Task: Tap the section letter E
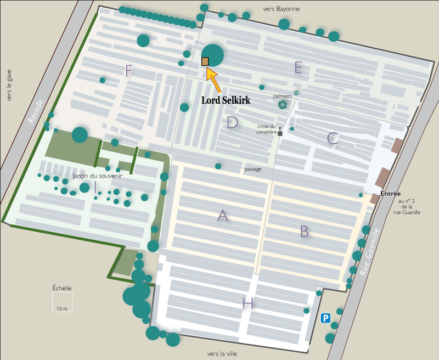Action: [299, 67]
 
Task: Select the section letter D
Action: [233, 122]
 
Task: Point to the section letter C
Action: [333, 138]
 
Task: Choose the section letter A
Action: [222, 216]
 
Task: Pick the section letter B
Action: [305, 232]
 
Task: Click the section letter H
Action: [248, 303]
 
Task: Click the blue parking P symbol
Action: [325, 318]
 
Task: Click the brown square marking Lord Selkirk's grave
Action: [205, 61]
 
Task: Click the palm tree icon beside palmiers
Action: [283, 105]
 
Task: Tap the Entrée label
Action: [390, 194]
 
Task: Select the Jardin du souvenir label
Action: [97, 177]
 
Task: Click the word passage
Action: [253, 169]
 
